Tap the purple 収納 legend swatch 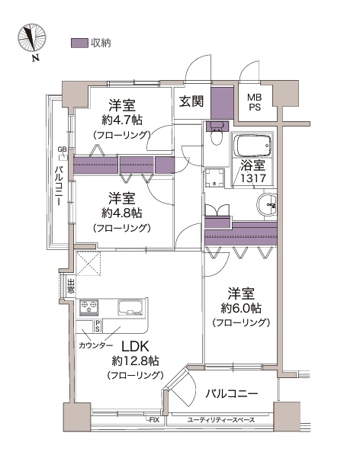click(79, 43)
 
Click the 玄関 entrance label click(191, 101)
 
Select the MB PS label click(255, 102)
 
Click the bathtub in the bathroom click(252, 146)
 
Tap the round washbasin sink click(266, 204)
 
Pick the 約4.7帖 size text click(122, 120)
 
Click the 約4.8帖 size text click(122, 213)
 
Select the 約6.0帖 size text click(241, 308)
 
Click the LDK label click(135, 346)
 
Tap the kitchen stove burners click(88, 307)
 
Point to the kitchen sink click(130, 307)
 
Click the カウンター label click(95, 345)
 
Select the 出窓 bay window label click(71, 286)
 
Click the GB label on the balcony click(62, 149)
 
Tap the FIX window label click(154, 420)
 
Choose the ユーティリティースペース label click(221, 420)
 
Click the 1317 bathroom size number click(253, 178)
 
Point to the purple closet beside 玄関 click(222, 103)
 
